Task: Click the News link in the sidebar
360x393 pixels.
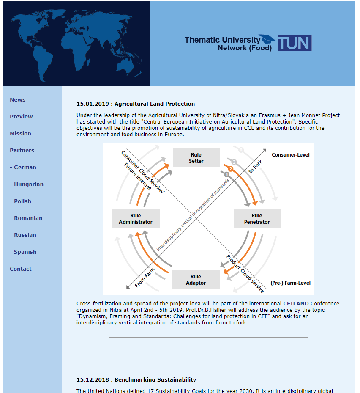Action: point(17,99)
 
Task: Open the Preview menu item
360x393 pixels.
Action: point(21,117)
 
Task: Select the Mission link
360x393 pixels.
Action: point(21,133)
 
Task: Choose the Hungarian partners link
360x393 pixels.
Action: point(27,184)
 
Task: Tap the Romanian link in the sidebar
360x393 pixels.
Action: point(26,218)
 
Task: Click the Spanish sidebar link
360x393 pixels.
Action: point(23,252)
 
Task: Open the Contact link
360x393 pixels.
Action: point(21,269)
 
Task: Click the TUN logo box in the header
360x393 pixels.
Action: point(295,43)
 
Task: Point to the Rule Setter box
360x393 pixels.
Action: point(196,158)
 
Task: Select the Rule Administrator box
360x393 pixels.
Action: point(136,219)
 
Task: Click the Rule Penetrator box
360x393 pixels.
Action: point(257,219)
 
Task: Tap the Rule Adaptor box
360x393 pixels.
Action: point(196,280)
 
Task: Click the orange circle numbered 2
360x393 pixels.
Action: point(231,169)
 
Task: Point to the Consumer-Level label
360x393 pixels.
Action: point(291,155)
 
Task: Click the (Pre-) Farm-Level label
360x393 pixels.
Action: point(290,283)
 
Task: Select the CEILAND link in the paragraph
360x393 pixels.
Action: point(296,303)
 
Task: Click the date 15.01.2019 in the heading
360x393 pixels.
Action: point(93,104)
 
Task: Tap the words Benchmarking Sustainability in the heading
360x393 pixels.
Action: point(155,380)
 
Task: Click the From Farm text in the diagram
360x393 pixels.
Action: point(145,278)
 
